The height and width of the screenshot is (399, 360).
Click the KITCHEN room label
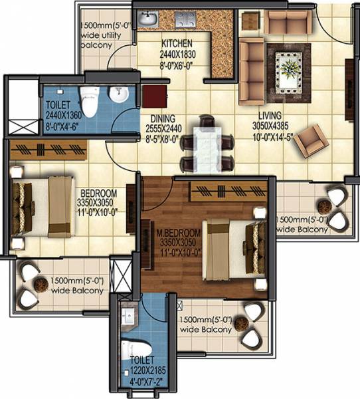176,44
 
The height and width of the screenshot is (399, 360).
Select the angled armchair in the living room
310,139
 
